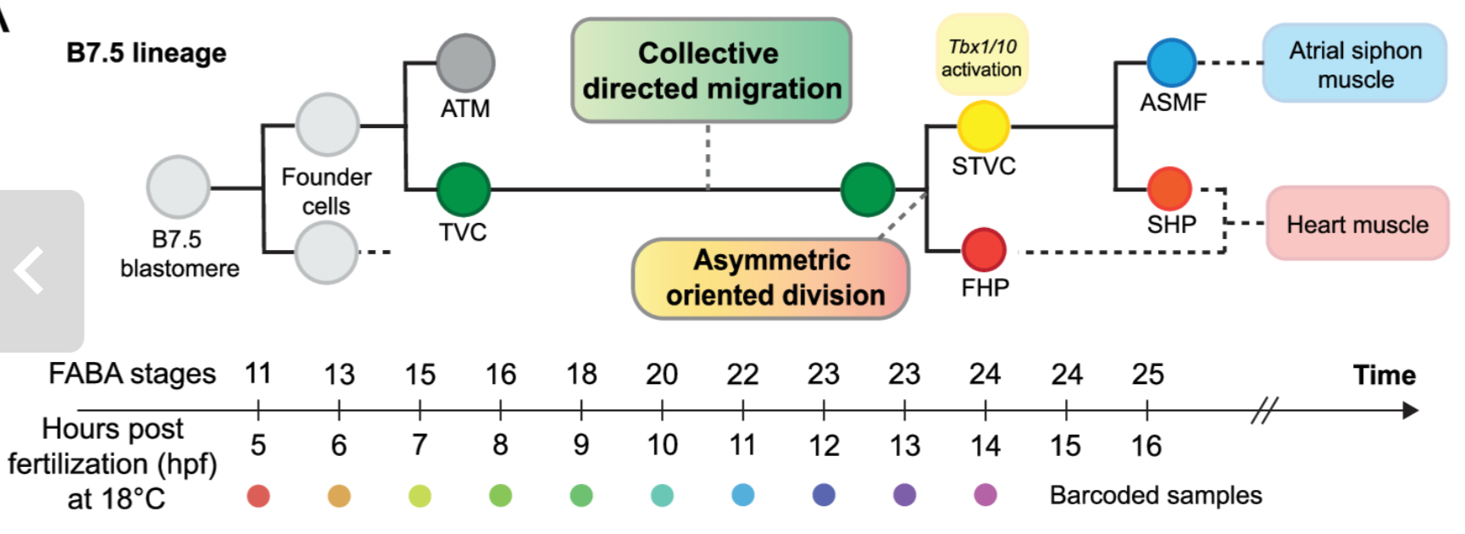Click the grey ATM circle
pyautogui.click(x=465, y=64)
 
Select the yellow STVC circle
pyautogui.click(x=983, y=126)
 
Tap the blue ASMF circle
pyautogui.click(x=1171, y=63)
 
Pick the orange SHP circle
pyautogui.click(x=1169, y=189)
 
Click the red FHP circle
pyautogui.click(x=984, y=251)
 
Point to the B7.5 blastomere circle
pyautogui.click(x=178, y=187)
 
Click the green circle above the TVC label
pyautogui.click(x=463, y=189)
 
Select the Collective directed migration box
pyautogui.click(x=711, y=70)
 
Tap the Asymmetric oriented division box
pyautogui.click(x=770, y=278)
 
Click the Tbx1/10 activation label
pyautogui.click(x=981, y=57)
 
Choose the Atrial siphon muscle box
pyautogui.click(x=1354, y=64)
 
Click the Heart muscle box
pyautogui.click(x=1357, y=225)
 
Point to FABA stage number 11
pyautogui.click(x=258, y=374)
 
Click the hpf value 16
pyautogui.click(x=1146, y=446)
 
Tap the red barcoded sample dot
pyautogui.click(x=258, y=496)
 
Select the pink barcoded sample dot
pyautogui.click(x=985, y=495)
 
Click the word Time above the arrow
pyautogui.click(x=1384, y=375)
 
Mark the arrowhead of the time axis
pyautogui.click(x=1410, y=411)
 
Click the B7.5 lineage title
pyautogui.click(x=147, y=53)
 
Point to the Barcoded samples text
pyautogui.click(x=1155, y=496)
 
